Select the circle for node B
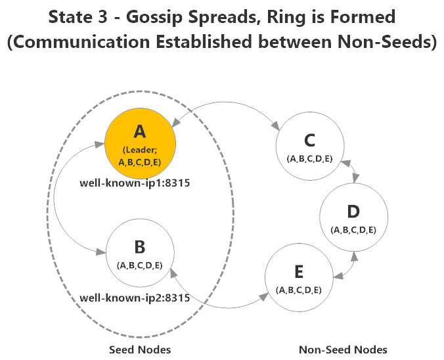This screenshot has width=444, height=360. (x=140, y=254)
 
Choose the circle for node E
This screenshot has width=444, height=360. (x=299, y=276)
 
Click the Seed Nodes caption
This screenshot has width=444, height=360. (x=140, y=349)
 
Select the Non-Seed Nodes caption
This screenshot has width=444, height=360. (x=343, y=349)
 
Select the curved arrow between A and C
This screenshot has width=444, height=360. (x=227, y=105)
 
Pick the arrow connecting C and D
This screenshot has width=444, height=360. (x=353, y=173)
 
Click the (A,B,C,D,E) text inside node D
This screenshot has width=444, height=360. (x=353, y=229)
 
